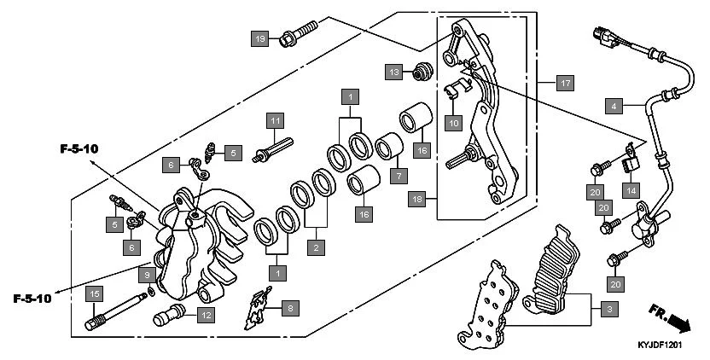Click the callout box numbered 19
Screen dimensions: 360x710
260,38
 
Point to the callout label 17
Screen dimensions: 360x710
563,84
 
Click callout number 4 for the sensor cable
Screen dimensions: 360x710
612,107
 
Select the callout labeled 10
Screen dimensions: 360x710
453,123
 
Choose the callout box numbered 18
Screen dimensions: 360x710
416,199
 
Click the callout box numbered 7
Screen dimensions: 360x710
396,175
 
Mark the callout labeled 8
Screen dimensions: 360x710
290,307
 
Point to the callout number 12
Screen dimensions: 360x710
205,315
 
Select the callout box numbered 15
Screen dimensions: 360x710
95,294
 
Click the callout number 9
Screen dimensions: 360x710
146,275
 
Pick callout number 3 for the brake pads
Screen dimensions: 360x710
608,310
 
